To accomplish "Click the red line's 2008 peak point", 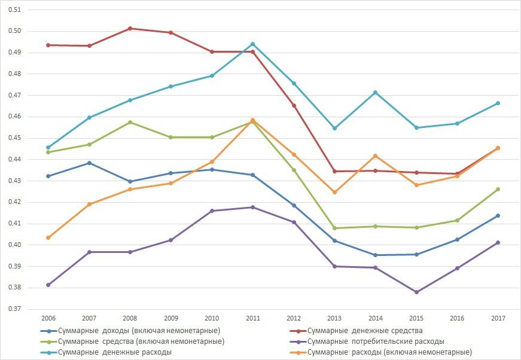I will (130, 29).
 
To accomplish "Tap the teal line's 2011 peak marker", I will (252, 44).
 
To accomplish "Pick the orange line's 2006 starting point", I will (48, 237).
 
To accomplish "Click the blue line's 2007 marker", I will (89, 163).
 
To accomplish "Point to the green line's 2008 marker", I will (130, 123).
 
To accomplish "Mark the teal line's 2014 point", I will (375, 93).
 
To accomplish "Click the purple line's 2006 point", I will (48, 285).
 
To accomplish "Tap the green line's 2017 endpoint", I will (498, 190).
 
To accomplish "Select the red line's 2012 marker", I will (293, 106).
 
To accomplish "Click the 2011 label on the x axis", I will (252, 318).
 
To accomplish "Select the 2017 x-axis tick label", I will (498, 318).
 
